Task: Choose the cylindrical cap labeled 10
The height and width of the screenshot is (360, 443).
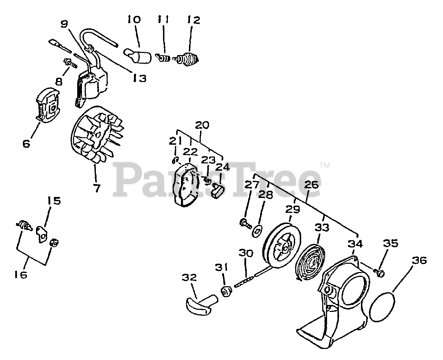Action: tap(138, 56)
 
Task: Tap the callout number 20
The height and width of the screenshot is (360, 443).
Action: tap(202, 125)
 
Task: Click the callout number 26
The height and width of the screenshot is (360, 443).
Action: tap(311, 185)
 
